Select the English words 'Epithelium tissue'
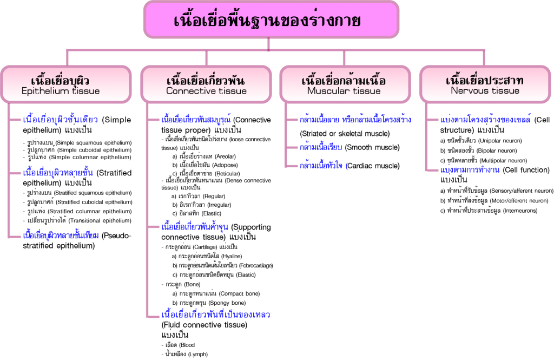tap(61, 91)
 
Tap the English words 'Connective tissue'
tap(206, 91)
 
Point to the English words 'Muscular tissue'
tap(344, 91)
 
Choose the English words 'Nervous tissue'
tap(485, 91)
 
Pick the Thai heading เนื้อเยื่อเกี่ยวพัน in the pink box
tap(206, 81)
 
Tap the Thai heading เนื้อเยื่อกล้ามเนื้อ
tap(344, 81)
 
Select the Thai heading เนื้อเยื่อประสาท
tap(485, 80)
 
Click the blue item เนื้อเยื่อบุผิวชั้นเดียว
tap(60, 120)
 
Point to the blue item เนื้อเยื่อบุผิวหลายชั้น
tap(58, 173)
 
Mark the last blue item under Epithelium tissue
tap(61, 236)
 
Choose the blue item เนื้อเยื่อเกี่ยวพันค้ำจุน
tap(195, 227)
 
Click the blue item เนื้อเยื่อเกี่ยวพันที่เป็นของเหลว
tap(216, 315)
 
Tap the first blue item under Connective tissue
tap(196, 120)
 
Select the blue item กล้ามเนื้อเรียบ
tap(321, 147)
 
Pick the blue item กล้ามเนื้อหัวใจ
tap(324, 166)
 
